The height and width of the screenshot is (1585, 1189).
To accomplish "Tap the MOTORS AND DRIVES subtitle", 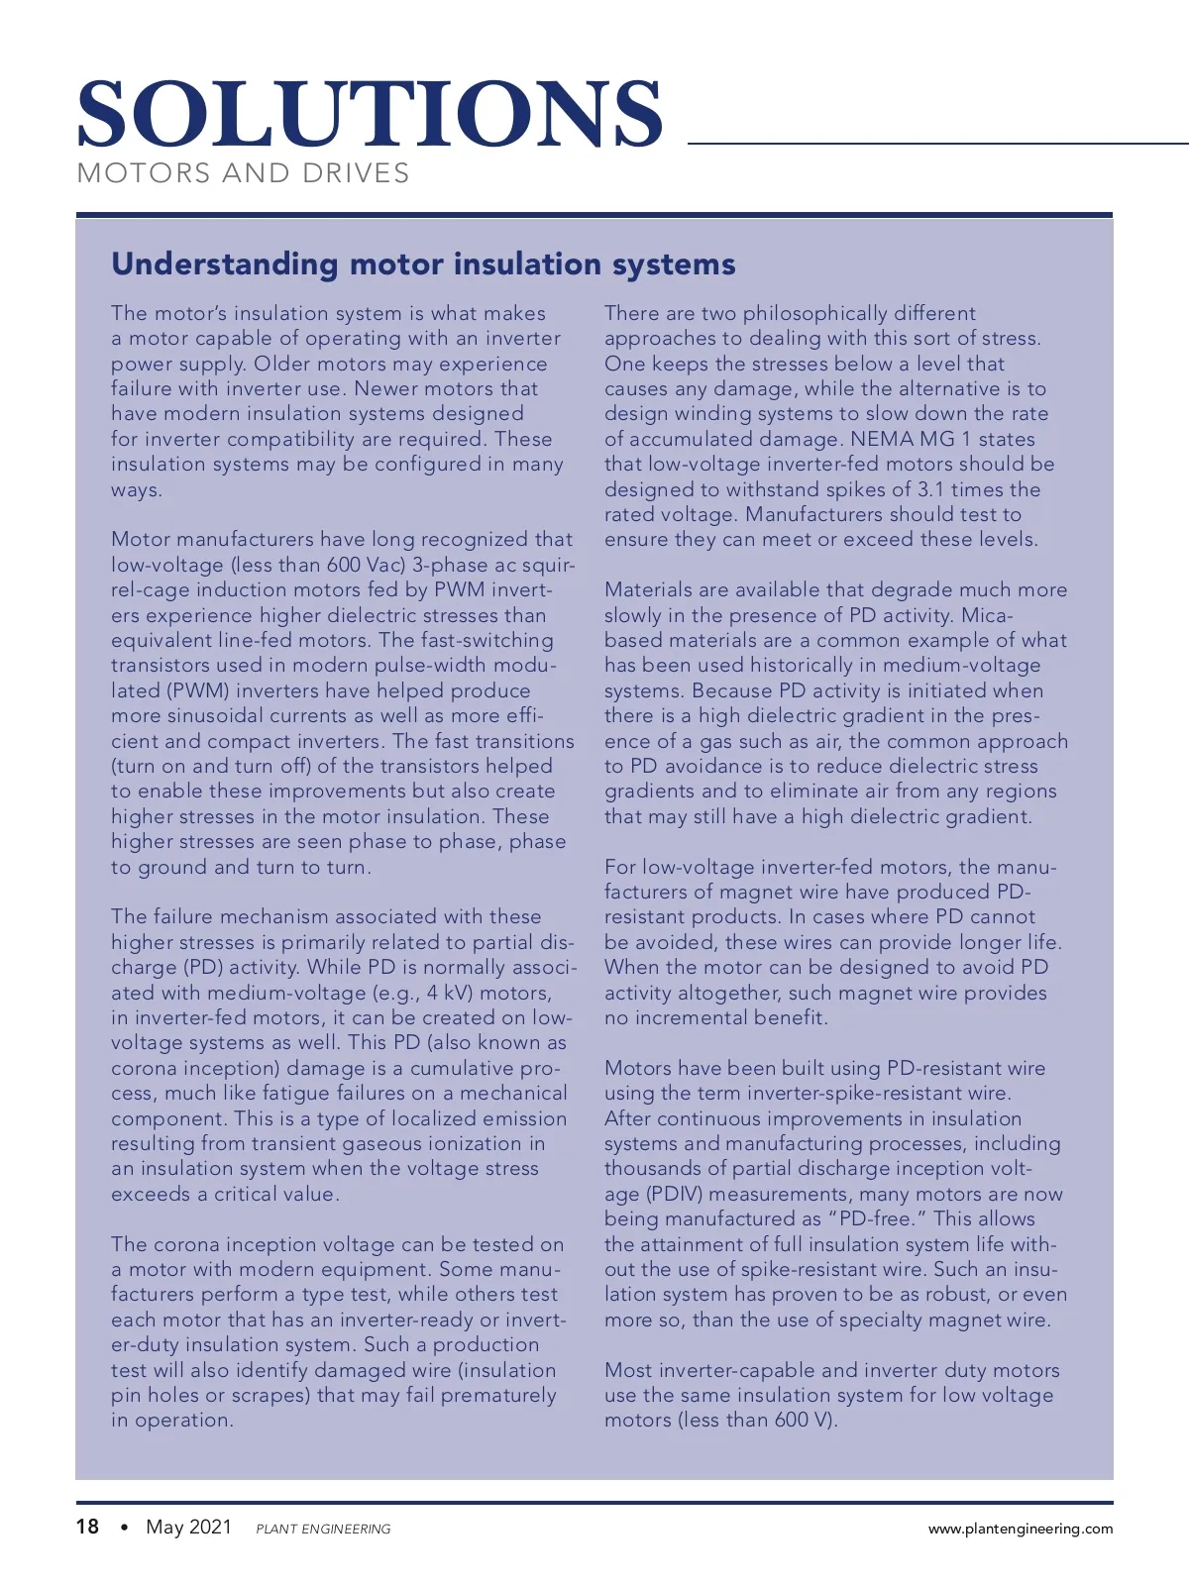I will (243, 173).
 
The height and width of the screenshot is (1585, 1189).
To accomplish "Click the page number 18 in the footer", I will (87, 1527).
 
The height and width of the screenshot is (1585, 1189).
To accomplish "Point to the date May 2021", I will (188, 1527).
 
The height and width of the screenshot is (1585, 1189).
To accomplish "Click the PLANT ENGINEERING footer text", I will (323, 1529).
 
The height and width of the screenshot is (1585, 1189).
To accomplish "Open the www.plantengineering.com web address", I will (1020, 1529).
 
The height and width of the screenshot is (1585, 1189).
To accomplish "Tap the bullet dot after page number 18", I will (124, 1528).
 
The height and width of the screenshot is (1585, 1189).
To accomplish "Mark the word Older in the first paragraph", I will (284, 364).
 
